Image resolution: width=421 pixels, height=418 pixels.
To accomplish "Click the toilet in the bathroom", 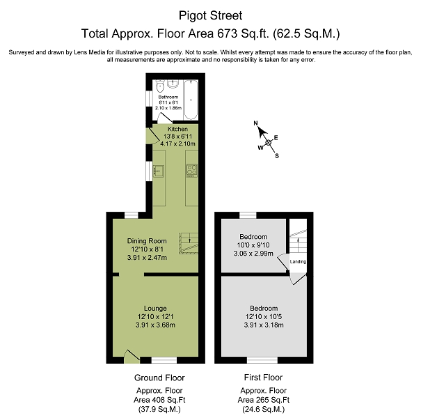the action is point(160,86).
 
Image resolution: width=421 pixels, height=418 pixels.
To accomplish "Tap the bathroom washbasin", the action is point(173,84).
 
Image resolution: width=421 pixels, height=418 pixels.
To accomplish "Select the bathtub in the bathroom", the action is point(191,100).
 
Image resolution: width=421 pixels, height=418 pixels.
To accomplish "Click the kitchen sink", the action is point(159,171).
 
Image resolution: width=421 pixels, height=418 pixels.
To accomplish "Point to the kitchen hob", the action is point(191,171).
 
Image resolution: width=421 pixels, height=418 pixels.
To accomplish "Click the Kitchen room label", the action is point(177,129).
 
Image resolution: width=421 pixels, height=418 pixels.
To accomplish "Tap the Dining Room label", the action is point(147,241).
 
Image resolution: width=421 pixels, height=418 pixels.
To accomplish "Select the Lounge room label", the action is point(155,309).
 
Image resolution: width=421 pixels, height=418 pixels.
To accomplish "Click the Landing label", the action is point(298,261).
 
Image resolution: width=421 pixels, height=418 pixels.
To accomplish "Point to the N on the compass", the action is point(255,123).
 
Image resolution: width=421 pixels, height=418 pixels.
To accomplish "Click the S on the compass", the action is point(277,156).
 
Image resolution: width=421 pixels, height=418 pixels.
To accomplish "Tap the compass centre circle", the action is point(268,143).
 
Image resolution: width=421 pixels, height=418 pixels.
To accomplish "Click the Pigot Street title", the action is point(210,15).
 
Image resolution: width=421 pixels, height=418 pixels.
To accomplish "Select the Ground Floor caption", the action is point(159,378).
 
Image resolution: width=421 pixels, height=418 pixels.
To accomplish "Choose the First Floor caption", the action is point(264,378).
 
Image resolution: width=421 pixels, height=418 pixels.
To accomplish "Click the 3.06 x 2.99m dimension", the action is point(253,253).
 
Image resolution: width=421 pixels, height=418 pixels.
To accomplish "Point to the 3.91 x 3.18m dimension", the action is point(264,325).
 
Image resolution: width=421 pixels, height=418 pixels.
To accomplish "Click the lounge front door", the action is point(132,357).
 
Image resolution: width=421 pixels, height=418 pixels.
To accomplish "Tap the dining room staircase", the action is point(189,244).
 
